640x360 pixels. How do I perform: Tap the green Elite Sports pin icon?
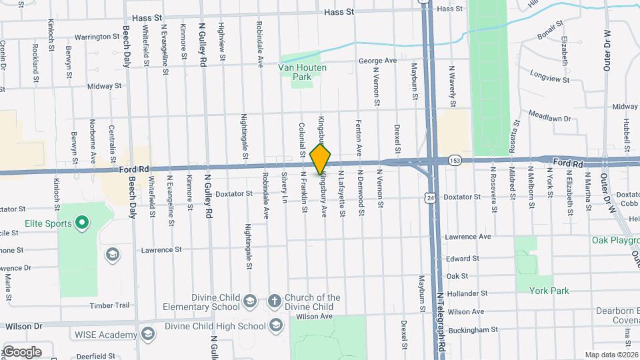pyautogui.click(x=82, y=222)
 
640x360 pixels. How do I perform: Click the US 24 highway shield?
pyautogui.click(x=431, y=197)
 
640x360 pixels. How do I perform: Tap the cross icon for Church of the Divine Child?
pyautogui.click(x=274, y=302)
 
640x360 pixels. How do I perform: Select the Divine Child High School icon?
pyautogui.click(x=277, y=325)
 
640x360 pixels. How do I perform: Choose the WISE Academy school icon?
pyautogui.click(x=151, y=333)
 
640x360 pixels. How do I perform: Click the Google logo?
pyautogui.click(x=22, y=351)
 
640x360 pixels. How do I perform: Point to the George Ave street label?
pyautogui.click(x=377, y=61)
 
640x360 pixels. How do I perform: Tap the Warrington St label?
pyautogui.click(x=100, y=37)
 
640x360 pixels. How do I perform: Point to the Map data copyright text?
pyautogui.click(x=611, y=355)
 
